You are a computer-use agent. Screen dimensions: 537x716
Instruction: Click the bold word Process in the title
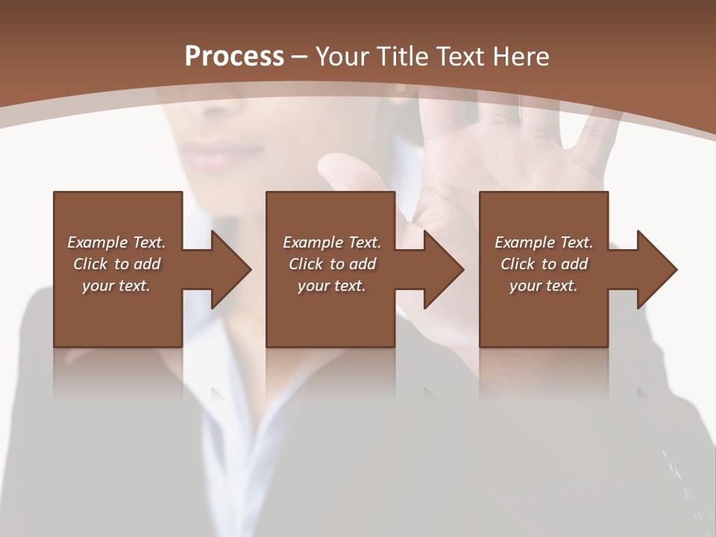(234, 57)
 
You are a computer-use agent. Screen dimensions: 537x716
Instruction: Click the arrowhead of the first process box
(232, 269)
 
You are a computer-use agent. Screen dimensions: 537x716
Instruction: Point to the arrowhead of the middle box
(445, 269)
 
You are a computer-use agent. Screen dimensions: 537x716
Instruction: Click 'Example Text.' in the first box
(116, 242)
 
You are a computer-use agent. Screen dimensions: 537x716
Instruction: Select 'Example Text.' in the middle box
(332, 242)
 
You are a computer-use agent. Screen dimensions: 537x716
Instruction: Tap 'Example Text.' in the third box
(544, 242)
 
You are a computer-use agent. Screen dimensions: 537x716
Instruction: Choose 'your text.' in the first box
(116, 286)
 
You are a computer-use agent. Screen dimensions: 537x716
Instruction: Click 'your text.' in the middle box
(332, 286)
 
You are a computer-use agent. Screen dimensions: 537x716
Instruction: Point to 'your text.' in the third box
(544, 286)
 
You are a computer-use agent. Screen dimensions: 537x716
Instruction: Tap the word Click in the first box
(90, 264)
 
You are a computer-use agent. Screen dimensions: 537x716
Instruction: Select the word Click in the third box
(518, 264)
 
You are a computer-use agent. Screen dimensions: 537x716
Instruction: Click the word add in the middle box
(362, 264)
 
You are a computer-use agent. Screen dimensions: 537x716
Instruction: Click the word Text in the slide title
(462, 57)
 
